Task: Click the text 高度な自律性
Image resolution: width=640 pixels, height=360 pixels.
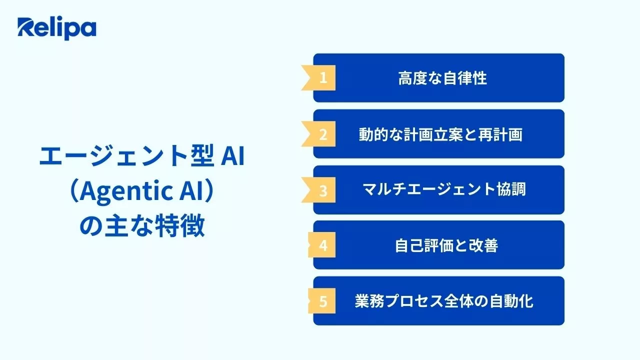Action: click(x=442, y=78)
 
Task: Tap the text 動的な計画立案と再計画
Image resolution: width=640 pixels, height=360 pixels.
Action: click(x=440, y=134)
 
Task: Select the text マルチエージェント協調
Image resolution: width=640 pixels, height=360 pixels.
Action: click(x=443, y=190)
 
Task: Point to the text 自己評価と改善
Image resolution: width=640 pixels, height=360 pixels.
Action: click(x=446, y=246)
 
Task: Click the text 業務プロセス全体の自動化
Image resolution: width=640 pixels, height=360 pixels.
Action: click(x=444, y=302)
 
